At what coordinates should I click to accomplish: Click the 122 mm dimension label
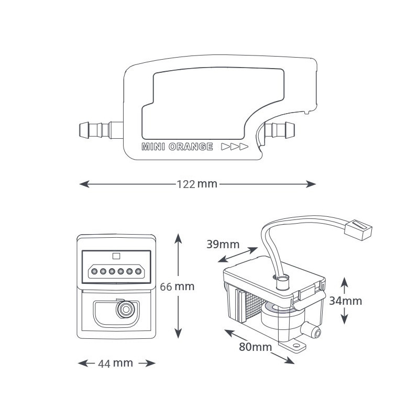click(x=197, y=184)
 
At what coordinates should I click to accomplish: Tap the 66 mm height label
click(x=177, y=286)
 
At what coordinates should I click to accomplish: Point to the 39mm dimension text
click(x=223, y=245)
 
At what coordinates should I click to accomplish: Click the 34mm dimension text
click(x=345, y=301)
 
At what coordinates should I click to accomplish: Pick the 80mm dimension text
click(x=255, y=347)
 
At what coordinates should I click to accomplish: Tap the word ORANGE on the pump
click(x=191, y=147)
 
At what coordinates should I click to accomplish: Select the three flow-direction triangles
click(x=235, y=147)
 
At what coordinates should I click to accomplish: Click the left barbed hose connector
click(x=101, y=130)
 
